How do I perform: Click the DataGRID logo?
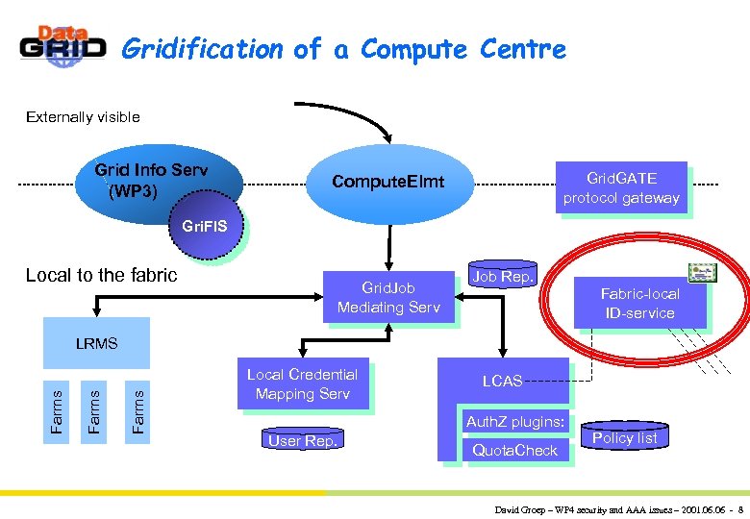point(62,45)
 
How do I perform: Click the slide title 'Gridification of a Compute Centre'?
point(343,48)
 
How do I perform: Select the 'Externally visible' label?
point(83,117)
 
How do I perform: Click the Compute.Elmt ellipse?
point(388,182)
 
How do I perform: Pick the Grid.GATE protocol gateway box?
point(622,188)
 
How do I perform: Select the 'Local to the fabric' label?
point(101,275)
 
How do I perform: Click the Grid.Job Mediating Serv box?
point(388,297)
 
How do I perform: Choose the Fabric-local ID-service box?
point(639,304)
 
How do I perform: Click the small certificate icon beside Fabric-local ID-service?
point(702,273)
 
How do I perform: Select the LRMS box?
point(96,343)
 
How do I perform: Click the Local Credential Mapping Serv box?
point(302,384)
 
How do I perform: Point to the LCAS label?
point(502,382)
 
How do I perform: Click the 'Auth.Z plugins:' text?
point(514,421)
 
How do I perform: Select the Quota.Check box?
point(514,450)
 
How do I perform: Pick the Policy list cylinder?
point(624,437)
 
